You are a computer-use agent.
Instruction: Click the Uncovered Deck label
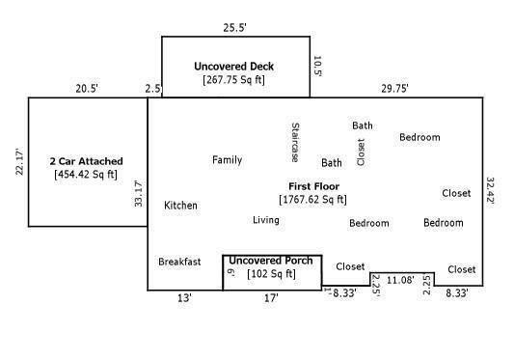tap(233, 67)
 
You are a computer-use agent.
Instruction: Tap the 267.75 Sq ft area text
tap(235, 80)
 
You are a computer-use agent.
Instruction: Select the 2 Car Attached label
tap(86, 160)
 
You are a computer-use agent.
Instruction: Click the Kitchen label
tap(180, 206)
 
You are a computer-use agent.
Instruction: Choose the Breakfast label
tap(179, 262)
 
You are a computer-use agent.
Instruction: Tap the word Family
tap(227, 160)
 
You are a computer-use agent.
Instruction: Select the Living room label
tap(266, 220)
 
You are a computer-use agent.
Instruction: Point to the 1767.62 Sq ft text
tap(313, 200)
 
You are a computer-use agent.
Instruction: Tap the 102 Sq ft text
tap(272, 274)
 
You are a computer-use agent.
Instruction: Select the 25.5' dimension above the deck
tap(235, 27)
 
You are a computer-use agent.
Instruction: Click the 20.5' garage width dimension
tap(86, 89)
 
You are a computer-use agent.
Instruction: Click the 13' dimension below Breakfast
tap(183, 298)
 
